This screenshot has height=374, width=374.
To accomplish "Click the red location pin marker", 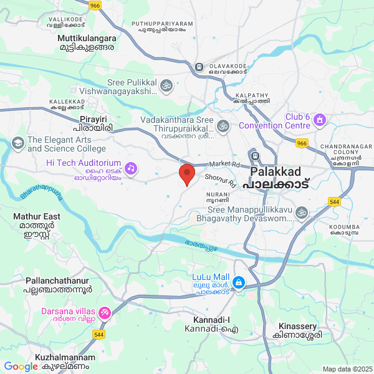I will [186, 174].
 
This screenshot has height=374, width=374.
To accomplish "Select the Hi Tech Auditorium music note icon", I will [130, 168].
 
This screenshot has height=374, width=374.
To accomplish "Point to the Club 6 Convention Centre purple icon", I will [320, 118].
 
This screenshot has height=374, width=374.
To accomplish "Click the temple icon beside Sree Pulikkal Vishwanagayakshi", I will [166, 85].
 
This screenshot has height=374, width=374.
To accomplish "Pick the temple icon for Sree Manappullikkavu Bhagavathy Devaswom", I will [302, 213].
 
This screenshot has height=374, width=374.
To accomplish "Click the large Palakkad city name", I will [276, 171].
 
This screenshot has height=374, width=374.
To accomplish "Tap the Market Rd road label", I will [225, 164].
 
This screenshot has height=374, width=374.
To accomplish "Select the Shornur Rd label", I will [221, 181].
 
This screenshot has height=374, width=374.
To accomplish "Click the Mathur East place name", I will [37, 216].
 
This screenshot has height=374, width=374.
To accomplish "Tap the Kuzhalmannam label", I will [65, 358].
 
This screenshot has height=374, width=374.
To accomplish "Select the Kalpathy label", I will [252, 95].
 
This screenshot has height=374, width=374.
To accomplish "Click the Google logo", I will [21, 367].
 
